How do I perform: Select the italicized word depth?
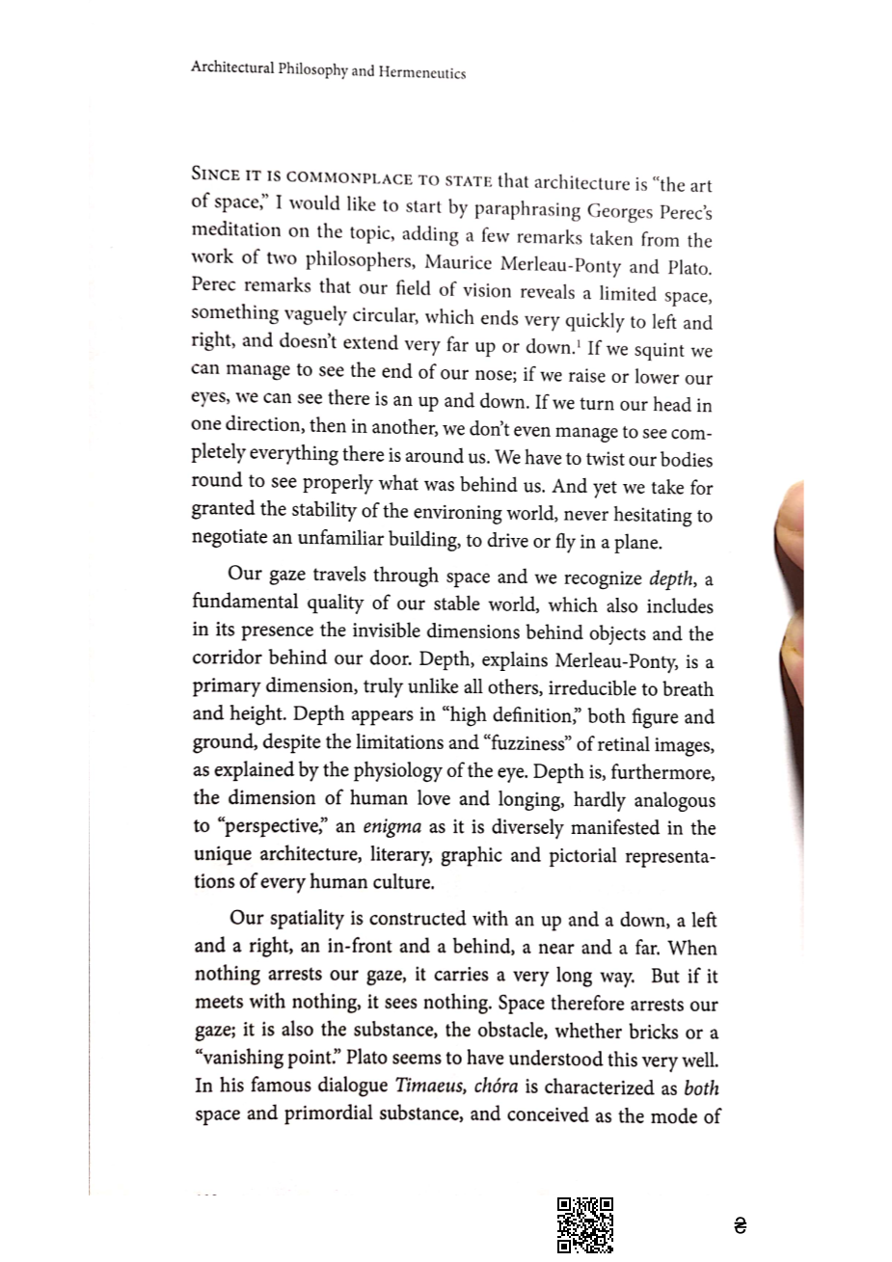point(671,578)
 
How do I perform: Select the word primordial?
point(340,1114)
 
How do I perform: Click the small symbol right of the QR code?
point(740,1226)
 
